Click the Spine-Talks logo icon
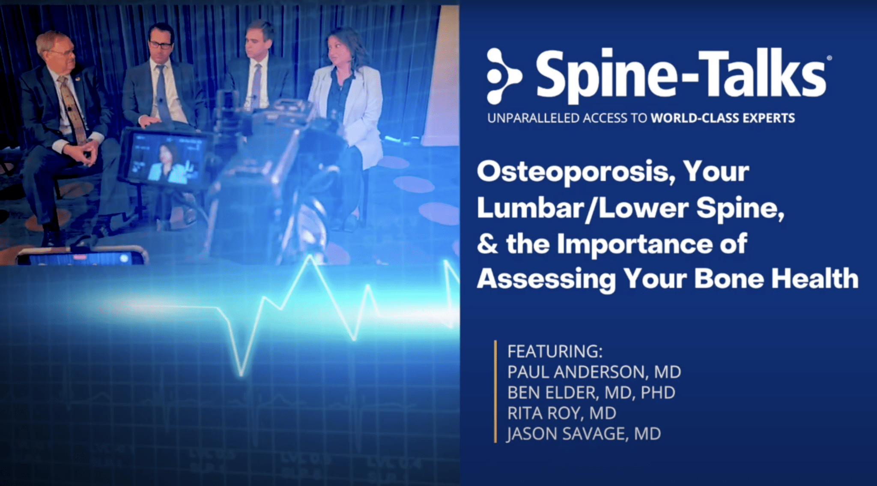pyautogui.click(x=504, y=76)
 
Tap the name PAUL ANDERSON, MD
pyautogui.click(x=594, y=372)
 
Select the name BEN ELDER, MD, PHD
pyautogui.click(x=591, y=393)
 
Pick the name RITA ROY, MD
pyautogui.click(x=561, y=413)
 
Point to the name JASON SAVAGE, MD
pyautogui.click(x=584, y=434)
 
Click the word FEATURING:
pyautogui.click(x=555, y=351)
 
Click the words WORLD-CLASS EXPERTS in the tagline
pyautogui.click(x=723, y=118)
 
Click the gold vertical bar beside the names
pyautogui.click(x=495, y=391)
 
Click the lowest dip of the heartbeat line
pyautogui.click(x=241, y=375)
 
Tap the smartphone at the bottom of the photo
pyautogui.click(x=81, y=257)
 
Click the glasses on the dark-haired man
pyautogui.click(x=160, y=45)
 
